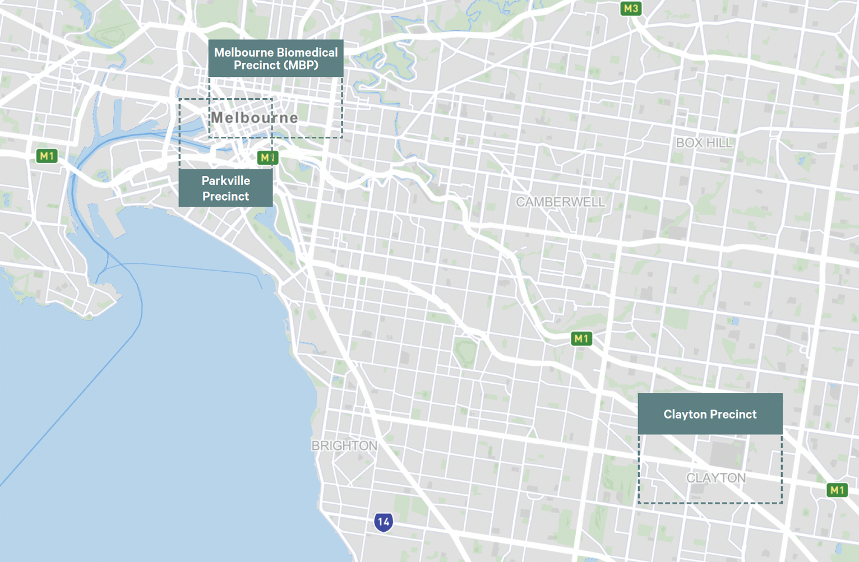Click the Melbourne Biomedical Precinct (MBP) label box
[x=275, y=58]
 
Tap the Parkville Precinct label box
[x=225, y=188]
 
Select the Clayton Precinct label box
[x=710, y=414]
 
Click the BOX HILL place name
[x=704, y=143]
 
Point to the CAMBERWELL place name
[x=560, y=202]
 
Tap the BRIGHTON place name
[x=344, y=446]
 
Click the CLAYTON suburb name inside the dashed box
[x=716, y=478]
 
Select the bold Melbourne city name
[x=254, y=118]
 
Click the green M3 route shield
[x=631, y=8]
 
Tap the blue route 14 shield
[x=384, y=522]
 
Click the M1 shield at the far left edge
[x=47, y=156]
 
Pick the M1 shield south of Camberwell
[x=581, y=338]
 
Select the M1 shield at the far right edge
[x=837, y=490]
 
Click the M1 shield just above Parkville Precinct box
[x=267, y=157]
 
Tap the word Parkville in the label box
[x=225, y=180]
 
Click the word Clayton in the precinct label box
[x=685, y=414]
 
